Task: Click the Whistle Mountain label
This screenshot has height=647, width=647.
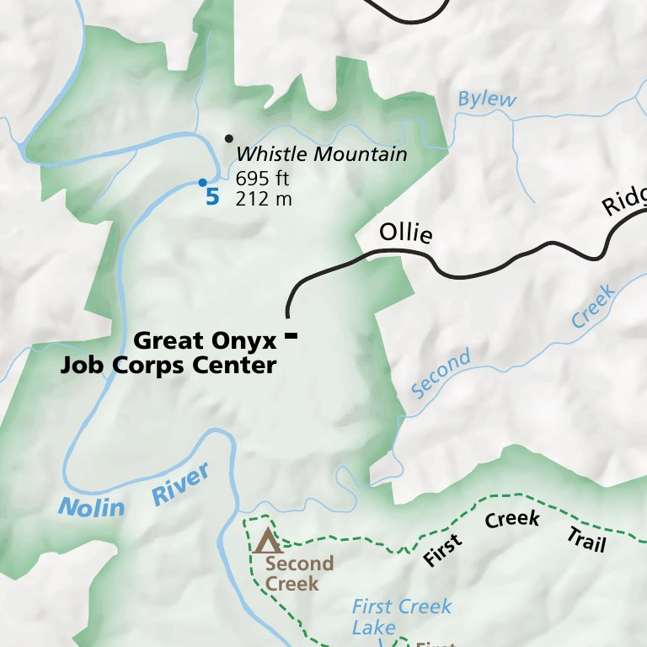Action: point(321,154)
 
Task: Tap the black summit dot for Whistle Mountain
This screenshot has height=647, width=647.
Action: point(227,138)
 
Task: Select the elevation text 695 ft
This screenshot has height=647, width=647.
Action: point(263,179)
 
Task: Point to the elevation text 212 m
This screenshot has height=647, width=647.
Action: point(264,199)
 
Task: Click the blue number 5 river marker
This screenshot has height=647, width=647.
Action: point(212,198)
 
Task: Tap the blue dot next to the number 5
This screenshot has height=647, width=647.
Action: point(202,182)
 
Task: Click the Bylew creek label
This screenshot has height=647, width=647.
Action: point(486,99)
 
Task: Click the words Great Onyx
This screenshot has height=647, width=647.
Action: point(205,340)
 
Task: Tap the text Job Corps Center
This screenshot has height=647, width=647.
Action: point(168,366)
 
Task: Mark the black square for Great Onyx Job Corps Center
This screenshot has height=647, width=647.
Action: point(291,336)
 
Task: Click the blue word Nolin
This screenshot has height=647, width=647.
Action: point(91,507)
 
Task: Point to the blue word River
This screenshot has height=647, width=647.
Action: point(180,485)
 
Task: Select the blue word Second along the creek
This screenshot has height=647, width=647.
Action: point(441,375)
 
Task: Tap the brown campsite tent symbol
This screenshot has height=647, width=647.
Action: point(268,540)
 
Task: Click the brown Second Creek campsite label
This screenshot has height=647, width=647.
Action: point(298,573)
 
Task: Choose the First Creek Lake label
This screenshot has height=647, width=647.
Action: point(401,617)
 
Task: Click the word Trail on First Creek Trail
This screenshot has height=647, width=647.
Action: point(586,539)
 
